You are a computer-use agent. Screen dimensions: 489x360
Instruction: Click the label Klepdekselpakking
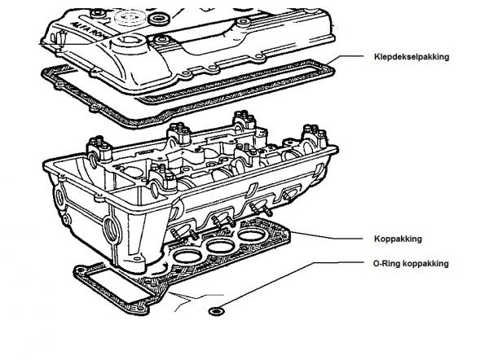point(412,57)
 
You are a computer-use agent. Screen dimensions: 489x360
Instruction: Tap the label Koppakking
point(398,239)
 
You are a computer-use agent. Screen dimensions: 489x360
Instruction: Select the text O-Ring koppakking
point(411,264)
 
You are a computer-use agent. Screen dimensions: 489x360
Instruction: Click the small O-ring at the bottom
point(216,311)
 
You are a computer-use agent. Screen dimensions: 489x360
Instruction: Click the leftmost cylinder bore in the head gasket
point(186,257)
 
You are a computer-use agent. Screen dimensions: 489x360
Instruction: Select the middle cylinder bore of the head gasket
point(221,246)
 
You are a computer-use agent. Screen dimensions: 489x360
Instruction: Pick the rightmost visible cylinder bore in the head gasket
point(251,235)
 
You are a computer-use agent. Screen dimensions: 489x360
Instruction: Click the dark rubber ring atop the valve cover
point(159,19)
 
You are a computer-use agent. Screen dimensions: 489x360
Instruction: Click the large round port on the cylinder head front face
point(111,230)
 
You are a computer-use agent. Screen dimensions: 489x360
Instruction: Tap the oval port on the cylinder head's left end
point(59,197)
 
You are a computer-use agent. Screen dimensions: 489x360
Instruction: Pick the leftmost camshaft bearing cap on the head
point(99,150)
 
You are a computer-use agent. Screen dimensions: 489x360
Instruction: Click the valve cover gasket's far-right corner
point(333,71)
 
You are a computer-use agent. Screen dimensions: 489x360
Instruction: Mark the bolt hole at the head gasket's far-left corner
point(81,270)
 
